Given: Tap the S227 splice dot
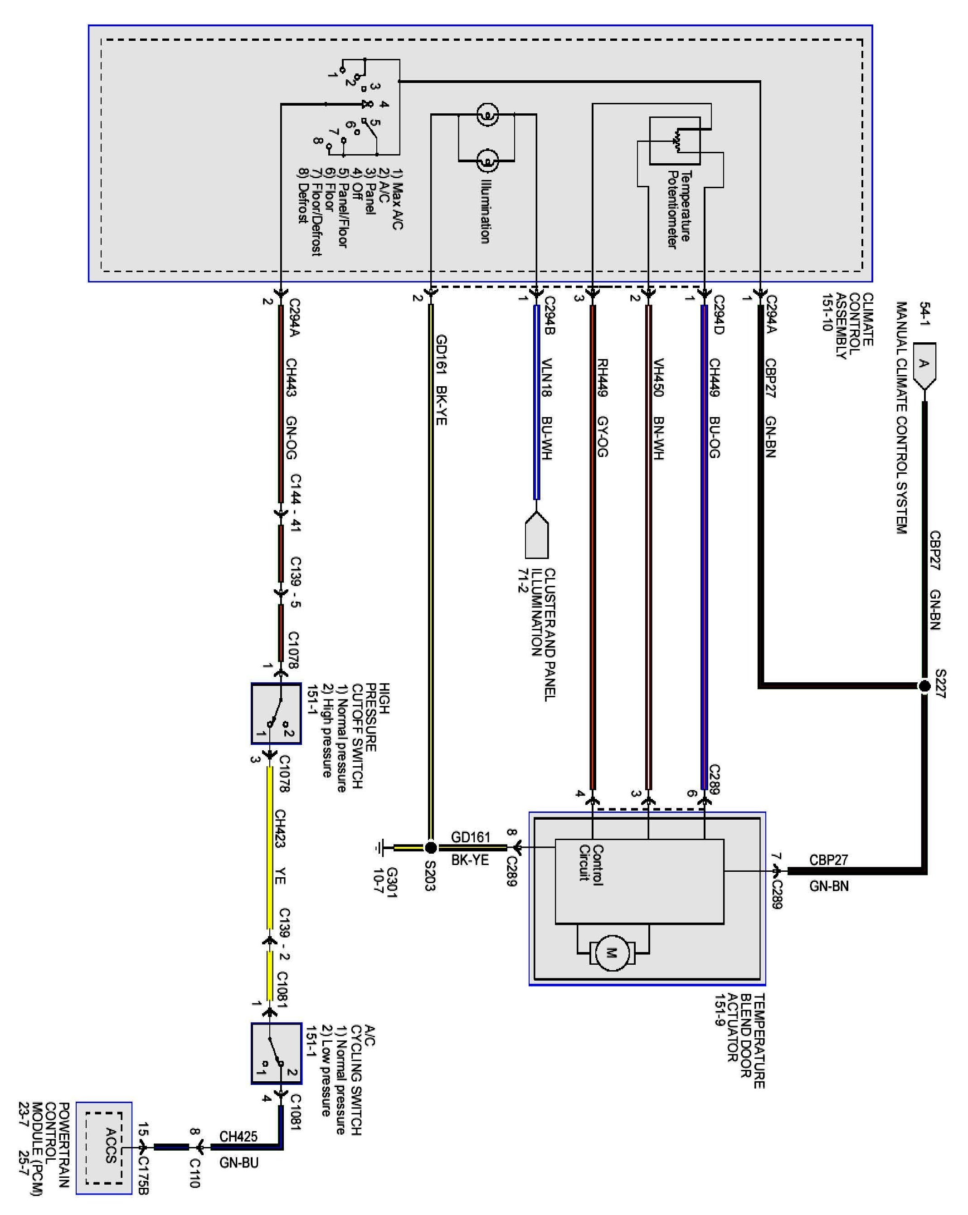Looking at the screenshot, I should click(924, 686).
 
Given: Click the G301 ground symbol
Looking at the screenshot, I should click(380, 847).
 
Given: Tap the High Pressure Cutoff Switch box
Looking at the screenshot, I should click(276, 714).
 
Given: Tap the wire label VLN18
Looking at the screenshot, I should click(546, 377).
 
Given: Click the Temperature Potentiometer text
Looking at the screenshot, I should click(678, 209).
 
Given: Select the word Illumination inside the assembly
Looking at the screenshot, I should click(485, 211).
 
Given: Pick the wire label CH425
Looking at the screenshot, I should click(238, 1136).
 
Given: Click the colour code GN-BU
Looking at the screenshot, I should click(238, 1162).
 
